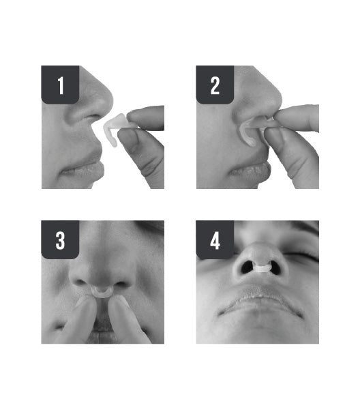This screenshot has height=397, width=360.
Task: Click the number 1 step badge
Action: (x=60, y=85)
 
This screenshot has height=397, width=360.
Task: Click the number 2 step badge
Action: (x=215, y=85)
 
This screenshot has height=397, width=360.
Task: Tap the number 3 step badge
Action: (x=60, y=239)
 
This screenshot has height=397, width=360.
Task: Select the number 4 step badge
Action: (x=215, y=239)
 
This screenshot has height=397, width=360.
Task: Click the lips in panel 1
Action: (x=83, y=168)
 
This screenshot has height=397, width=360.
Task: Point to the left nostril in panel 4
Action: (x=247, y=267)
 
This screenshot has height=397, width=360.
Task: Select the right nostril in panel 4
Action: (x=275, y=268)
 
